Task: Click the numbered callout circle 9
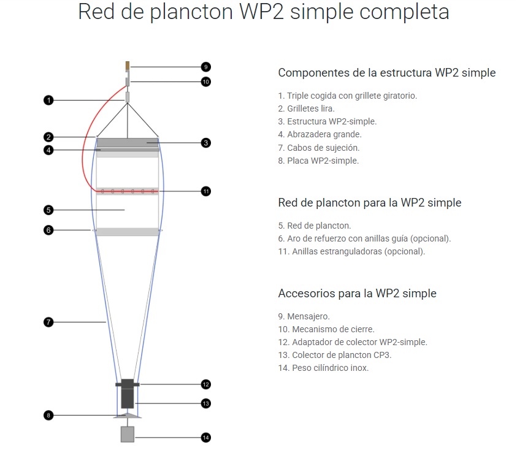(205, 67)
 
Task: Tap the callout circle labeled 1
(48, 100)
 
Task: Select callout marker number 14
(205, 438)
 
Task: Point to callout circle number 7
(48, 322)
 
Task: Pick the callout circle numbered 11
(205, 191)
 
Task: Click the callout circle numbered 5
(48, 210)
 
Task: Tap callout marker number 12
(205, 384)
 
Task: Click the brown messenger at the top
(128, 66)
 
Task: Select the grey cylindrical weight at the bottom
(128, 434)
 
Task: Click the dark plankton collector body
(128, 394)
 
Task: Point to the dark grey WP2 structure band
(128, 143)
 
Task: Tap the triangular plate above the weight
(128, 416)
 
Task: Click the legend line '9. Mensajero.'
(304, 316)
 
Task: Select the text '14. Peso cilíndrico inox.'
(323, 368)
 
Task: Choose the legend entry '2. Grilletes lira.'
(306, 108)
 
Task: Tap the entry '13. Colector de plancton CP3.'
(335, 355)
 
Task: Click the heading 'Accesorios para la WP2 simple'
(357, 293)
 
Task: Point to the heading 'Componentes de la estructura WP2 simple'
(387, 72)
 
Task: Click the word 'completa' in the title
(404, 12)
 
